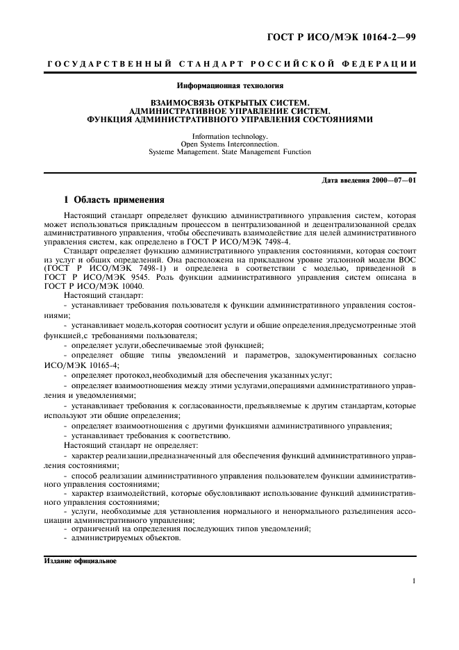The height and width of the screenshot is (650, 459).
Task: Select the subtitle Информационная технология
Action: pyautogui.click(x=230, y=87)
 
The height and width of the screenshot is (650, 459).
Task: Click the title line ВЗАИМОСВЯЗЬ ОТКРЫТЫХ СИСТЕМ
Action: pyautogui.click(x=230, y=101)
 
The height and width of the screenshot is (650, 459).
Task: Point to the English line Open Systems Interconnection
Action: pyautogui.click(x=230, y=144)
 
